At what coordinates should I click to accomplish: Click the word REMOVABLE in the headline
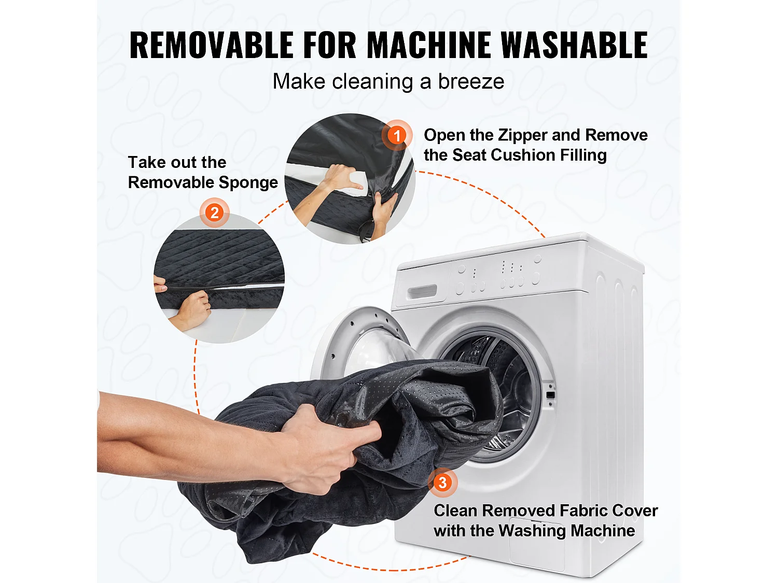pos(212,45)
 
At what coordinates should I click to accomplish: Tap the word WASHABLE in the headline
pos(575,45)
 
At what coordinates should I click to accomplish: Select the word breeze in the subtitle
pos(471,81)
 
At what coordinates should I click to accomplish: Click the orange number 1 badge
pos(397,135)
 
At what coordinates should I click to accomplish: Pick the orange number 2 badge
pos(214,213)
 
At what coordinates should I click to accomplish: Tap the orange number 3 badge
pos(443,482)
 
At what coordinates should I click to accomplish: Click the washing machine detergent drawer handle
pos(422,292)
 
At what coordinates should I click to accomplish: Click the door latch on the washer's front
pos(550,395)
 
